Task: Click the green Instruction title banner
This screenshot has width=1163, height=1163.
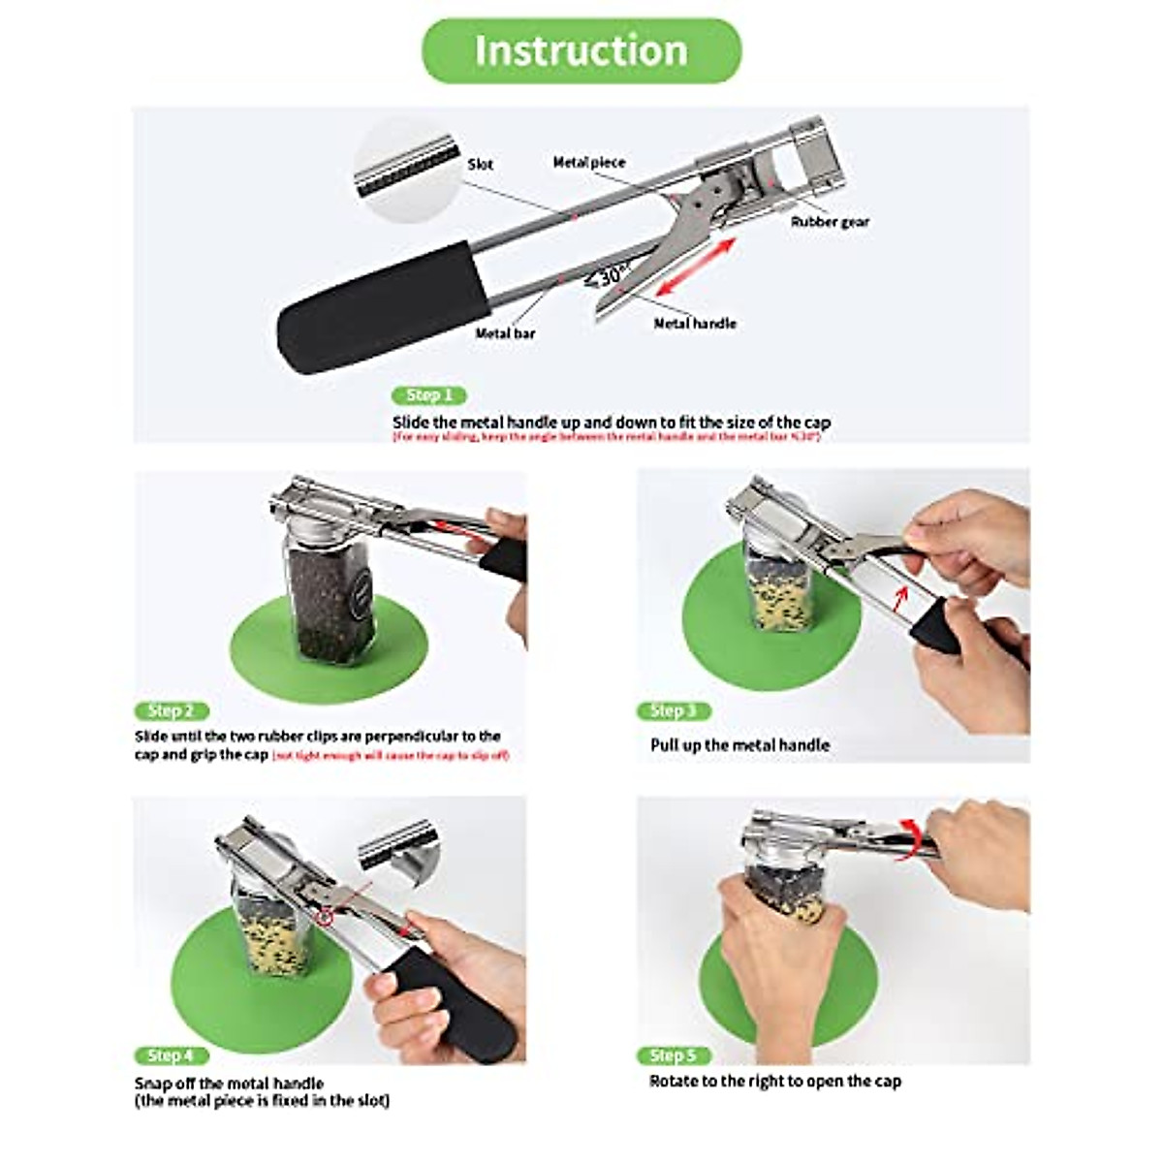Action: (x=581, y=50)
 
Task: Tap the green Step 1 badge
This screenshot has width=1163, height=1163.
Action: (x=429, y=395)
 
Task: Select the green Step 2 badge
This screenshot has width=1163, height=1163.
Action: (x=171, y=711)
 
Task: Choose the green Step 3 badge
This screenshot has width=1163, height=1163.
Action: (x=674, y=711)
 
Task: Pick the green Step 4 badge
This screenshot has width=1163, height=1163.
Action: (x=171, y=1054)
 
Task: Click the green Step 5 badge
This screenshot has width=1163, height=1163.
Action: (x=674, y=1054)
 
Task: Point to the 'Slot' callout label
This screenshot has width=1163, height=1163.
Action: (x=481, y=165)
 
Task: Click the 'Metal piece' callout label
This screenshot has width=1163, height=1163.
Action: (x=589, y=162)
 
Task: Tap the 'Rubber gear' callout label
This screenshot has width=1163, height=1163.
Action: (x=830, y=222)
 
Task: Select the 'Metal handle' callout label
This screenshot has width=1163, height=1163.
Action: (x=695, y=324)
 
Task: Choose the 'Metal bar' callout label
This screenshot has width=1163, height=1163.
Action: (x=505, y=333)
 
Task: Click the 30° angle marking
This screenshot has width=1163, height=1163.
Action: (x=609, y=277)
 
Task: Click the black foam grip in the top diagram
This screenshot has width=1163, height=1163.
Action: (x=383, y=305)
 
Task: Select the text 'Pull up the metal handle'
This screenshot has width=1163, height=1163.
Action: (x=739, y=745)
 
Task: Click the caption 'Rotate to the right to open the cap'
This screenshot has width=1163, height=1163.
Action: (x=774, y=1081)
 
